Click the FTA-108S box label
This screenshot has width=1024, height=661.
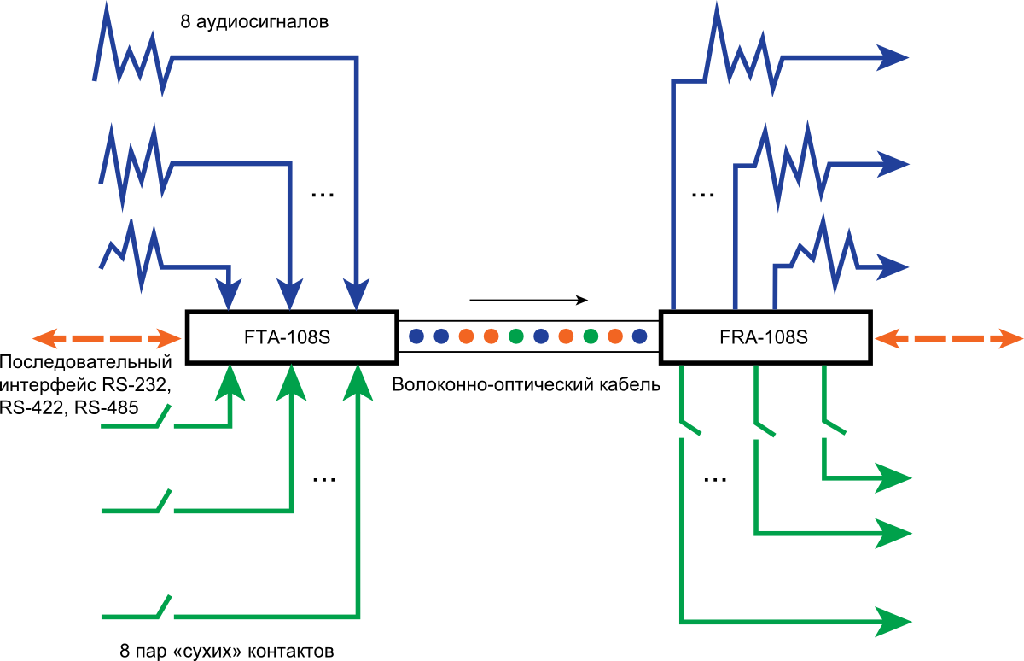coord(287,337)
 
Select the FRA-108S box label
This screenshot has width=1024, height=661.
coord(764,337)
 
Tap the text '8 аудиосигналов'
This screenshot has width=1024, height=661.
coord(254,22)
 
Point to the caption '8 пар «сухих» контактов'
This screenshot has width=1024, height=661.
coord(227,651)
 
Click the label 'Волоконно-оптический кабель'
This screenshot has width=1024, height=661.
coord(527,384)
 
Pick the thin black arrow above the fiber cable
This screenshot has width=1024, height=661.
coord(528,300)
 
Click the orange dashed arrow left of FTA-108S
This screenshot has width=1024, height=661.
coord(107,338)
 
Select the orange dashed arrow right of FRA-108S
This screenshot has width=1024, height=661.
coord(949,338)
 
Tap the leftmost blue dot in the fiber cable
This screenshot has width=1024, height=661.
coord(416,336)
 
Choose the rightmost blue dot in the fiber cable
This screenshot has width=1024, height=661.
coord(639,336)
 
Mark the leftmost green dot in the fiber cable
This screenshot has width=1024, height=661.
coord(515,336)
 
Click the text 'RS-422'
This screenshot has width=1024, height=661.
coord(31,407)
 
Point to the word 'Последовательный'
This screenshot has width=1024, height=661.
coord(86,362)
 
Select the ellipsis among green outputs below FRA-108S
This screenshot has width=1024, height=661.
coord(715,480)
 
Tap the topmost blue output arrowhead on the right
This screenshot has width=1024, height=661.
coord(892,57)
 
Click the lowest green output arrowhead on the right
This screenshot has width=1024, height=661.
coord(893,622)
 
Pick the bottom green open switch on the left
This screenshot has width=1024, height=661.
coord(137,607)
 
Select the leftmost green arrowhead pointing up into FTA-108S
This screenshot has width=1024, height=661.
coord(230,383)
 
